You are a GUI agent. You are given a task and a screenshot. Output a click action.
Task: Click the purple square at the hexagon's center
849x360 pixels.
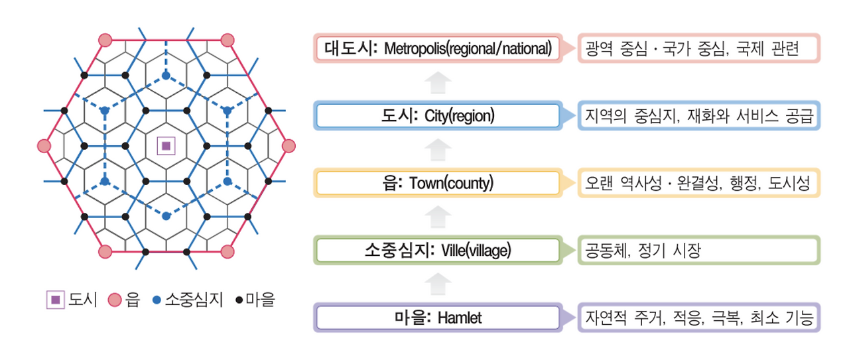pyautogui.click(x=166, y=146)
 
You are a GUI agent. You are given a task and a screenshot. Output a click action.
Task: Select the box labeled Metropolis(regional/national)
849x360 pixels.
pyautogui.click(x=438, y=48)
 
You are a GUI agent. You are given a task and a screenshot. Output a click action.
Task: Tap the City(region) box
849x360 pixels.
pyautogui.click(x=438, y=117)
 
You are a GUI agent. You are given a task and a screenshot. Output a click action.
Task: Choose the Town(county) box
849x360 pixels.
pyautogui.click(x=438, y=183)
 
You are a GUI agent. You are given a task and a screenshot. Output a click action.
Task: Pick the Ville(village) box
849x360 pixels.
pyautogui.click(x=438, y=251)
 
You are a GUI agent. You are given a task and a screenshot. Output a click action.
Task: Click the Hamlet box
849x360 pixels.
pyautogui.click(x=438, y=318)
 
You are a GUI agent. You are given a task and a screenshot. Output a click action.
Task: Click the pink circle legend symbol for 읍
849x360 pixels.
pyautogui.click(x=114, y=300)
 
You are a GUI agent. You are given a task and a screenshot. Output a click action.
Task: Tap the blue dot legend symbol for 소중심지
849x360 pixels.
pyautogui.click(x=157, y=300)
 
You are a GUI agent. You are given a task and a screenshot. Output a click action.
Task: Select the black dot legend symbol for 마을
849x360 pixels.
pyautogui.click(x=239, y=300)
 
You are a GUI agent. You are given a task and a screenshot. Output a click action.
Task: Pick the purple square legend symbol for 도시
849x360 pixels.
pyautogui.click(x=56, y=300)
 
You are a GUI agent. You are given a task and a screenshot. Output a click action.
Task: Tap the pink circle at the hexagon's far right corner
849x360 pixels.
pyautogui.click(x=288, y=146)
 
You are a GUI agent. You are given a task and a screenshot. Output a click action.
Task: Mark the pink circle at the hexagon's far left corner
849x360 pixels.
pyautogui.click(x=44, y=146)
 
